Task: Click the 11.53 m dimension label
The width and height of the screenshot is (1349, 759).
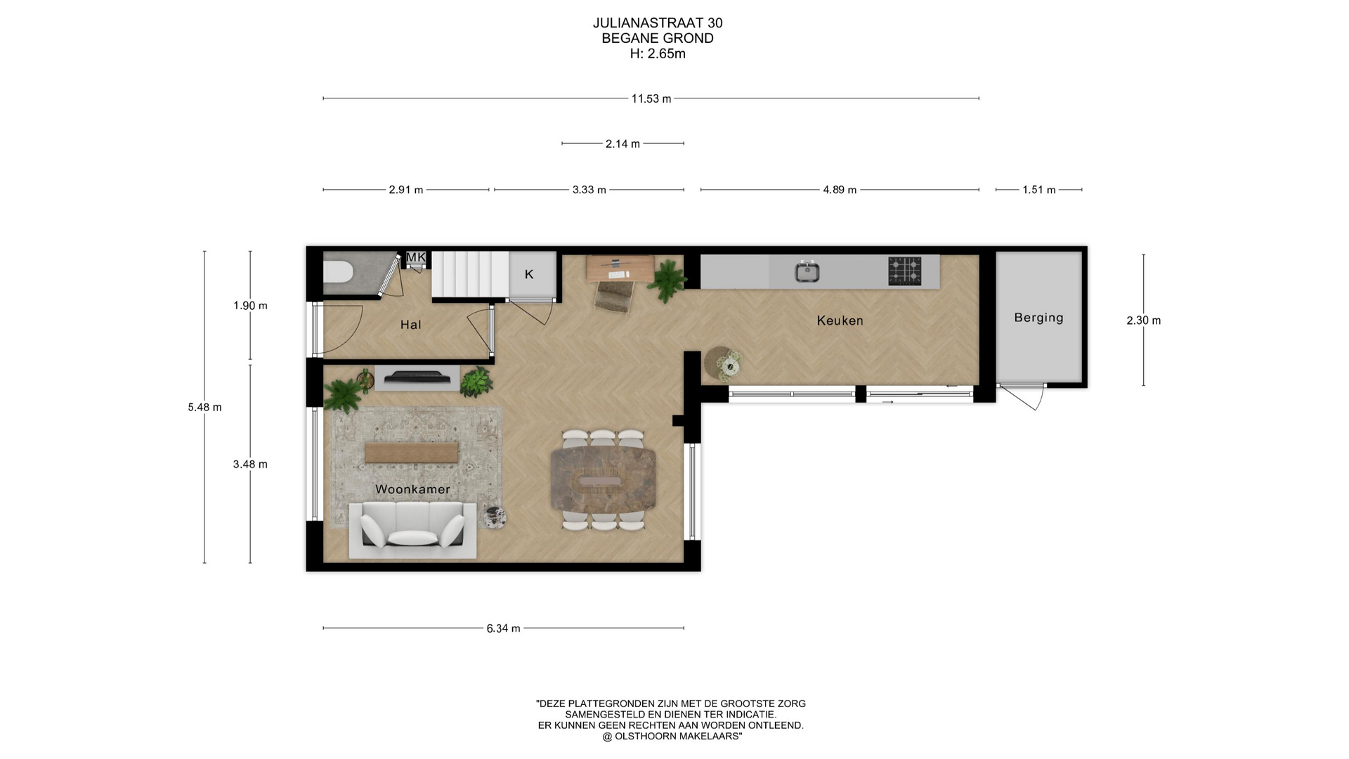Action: tap(651, 99)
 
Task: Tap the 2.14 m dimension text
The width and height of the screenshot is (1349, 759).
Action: tap(623, 144)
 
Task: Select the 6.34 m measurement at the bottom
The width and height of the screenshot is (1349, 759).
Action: tap(503, 628)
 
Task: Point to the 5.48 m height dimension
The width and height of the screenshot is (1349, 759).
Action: tap(204, 407)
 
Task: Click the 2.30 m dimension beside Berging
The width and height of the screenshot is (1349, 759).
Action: tap(1143, 320)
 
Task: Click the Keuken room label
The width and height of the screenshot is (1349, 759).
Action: tap(840, 320)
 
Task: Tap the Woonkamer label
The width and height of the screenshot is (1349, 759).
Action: tap(412, 489)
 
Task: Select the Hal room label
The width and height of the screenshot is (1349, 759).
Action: tap(410, 324)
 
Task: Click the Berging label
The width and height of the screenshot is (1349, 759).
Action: tap(1038, 318)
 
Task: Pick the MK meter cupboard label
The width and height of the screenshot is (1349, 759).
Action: tap(416, 257)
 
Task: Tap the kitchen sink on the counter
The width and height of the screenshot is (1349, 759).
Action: tap(807, 271)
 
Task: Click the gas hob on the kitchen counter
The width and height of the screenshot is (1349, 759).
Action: tap(904, 271)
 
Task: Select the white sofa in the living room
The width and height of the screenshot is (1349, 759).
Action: tap(413, 531)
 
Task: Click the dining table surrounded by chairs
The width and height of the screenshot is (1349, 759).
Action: tap(604, 479)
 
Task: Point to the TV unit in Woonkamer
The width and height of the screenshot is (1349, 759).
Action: tap(417, 378)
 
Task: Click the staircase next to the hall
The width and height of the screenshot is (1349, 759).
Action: tap(469, 275)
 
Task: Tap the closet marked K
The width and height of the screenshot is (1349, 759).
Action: tap(532, 274)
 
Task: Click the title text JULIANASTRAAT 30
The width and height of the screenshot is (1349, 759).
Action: tap(658, 23)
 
